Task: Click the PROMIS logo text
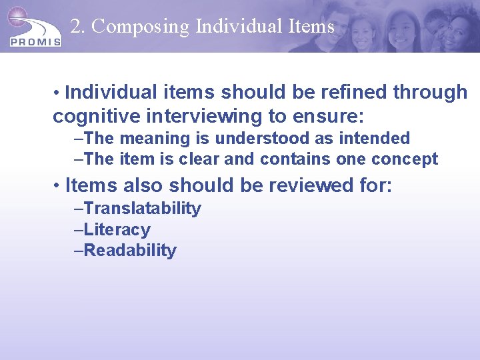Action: (x=36, y=41)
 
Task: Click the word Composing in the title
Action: (x=141, y=27)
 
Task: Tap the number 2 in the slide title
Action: (x=76, y=27)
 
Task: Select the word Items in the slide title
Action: (x=311, y=27)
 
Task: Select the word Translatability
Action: (x=143, y=209)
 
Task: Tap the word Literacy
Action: (x=117, y=230)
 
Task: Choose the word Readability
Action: (x=130, y=251)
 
